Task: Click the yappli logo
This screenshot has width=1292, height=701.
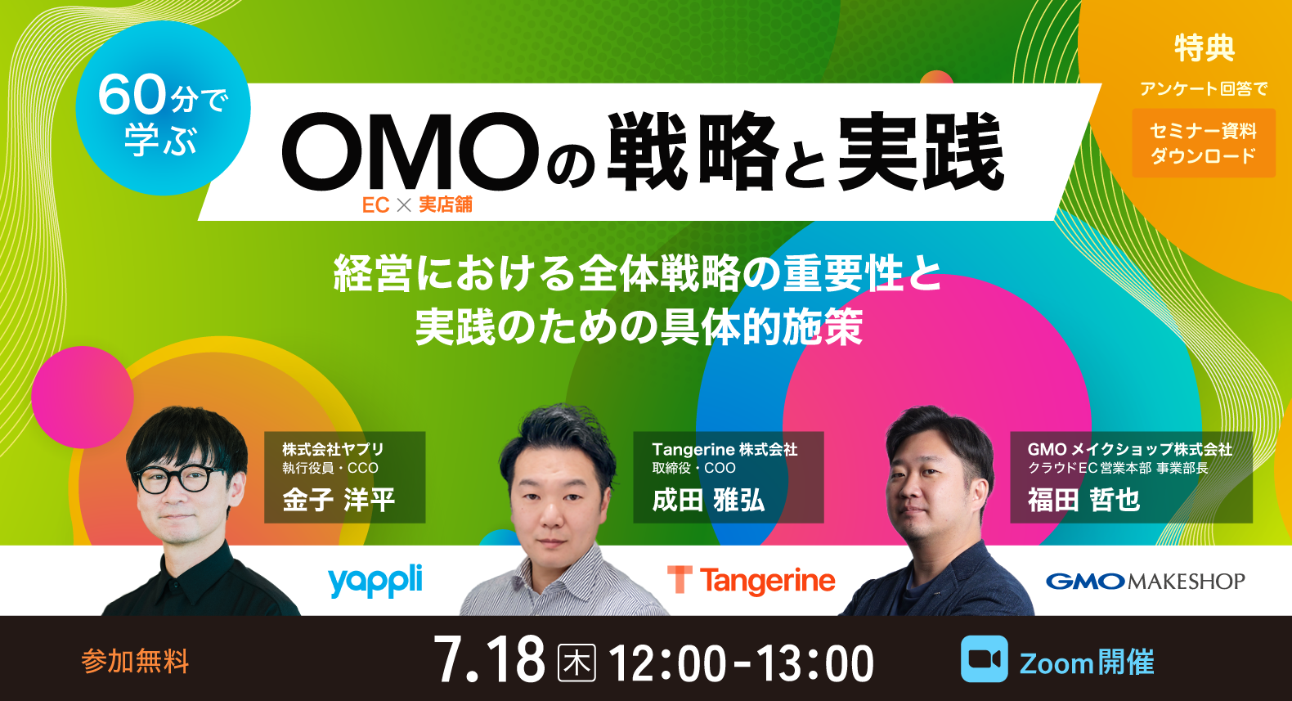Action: pyautogui.click(x=375, y=580)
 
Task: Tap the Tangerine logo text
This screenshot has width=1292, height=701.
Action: pyautogui.click(x=767, y=581)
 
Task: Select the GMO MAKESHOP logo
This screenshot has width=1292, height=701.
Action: pyautogui.click(x=1145, y=581)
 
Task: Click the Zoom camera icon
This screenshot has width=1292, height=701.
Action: pyautogui.click(x=984, y=659)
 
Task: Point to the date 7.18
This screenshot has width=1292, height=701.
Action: pyautogui.click(x=489, y=660)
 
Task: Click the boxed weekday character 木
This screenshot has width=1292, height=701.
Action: pyautogui.click(x=576, y=662)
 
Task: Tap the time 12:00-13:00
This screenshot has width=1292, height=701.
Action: pyautogui.click(x=742, y=663)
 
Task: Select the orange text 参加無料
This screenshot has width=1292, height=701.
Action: pyautogui.click(x=135, y=661)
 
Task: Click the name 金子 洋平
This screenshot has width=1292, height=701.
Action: pyautogui.click(x=339, y=499)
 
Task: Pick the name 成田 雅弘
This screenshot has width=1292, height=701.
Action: pyautogui.click(x=708, y=499)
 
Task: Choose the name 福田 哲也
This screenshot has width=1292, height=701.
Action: pyautogui.click(x=1083, y=499)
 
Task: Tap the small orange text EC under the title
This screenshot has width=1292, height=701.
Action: pyautogui.click(x=375, y=205)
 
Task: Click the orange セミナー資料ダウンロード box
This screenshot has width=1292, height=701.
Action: pyautogui.click(x=1203, y=143)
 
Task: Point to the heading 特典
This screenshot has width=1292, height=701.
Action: pyautogui.click(x=1204, y=48)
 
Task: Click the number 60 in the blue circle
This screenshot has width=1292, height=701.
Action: pyautogui.click(x=132, y=95)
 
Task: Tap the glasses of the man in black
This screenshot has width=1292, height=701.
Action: pyautogui.click(x=180, y=478)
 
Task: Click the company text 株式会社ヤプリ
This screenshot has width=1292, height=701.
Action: pyautogui.click(x=333, y=449)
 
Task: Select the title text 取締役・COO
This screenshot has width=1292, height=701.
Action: pyautogui.click(x=693, y=468)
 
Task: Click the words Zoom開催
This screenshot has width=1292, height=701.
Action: pyautogui.click(x=1086, y=662)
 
